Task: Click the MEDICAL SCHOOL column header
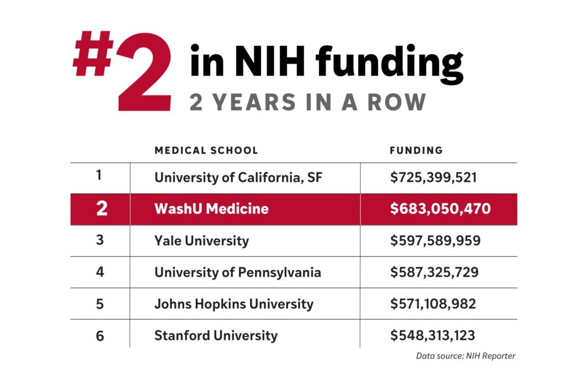pos(206,150)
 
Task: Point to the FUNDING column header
pos(416,150)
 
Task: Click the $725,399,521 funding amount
pos(433,178)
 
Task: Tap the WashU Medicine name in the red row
pos(211,209)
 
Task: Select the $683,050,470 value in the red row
pos(440,209)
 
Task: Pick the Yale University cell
pos(201,241)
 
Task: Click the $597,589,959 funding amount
pos(435,241)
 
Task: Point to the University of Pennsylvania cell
pos(237,272)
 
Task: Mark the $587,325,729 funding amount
pos(434,272)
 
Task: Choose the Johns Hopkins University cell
pos(233,304)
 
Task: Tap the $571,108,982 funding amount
pos(433,304)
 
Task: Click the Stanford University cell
pos(216,335)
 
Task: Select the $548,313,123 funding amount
pos(433,335)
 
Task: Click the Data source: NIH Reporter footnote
pos(465,356)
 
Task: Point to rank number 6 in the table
pos(100,336)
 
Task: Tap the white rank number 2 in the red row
pos(102,210)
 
